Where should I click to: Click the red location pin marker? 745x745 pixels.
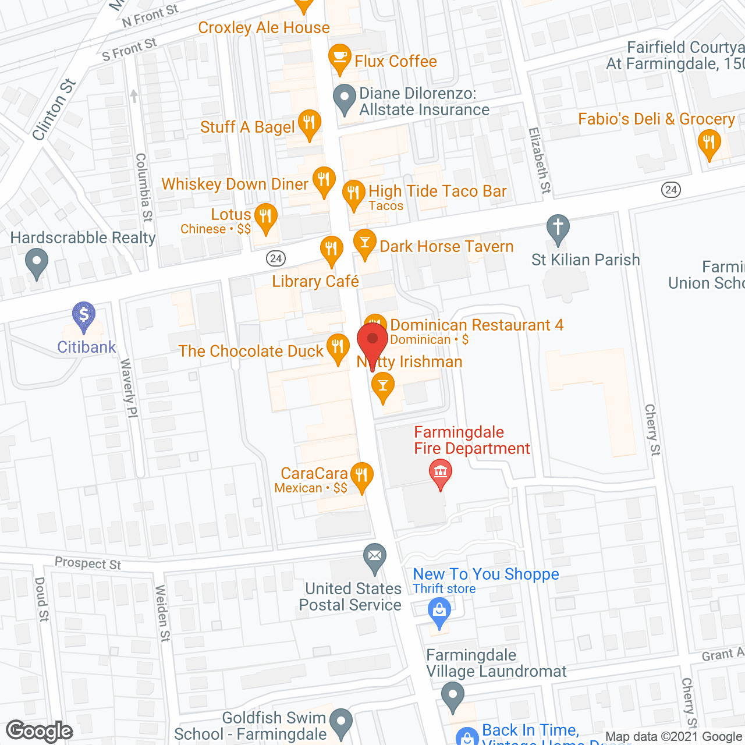(372, 341)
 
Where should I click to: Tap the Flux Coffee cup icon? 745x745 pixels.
(340, 58)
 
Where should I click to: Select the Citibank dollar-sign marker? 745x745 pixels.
(84, 315)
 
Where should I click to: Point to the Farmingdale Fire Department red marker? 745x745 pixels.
(441, 472)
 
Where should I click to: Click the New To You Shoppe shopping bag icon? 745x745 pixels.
(439, 612)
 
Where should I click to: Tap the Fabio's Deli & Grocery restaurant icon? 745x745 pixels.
(709, 142)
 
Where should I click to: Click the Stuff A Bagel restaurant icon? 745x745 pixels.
(309, 123)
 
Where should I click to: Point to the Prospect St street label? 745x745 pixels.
(88, 563)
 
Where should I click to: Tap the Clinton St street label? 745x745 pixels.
(54, 109)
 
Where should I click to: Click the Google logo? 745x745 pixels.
(40, 731)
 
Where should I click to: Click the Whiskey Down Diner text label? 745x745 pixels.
(235, 184)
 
